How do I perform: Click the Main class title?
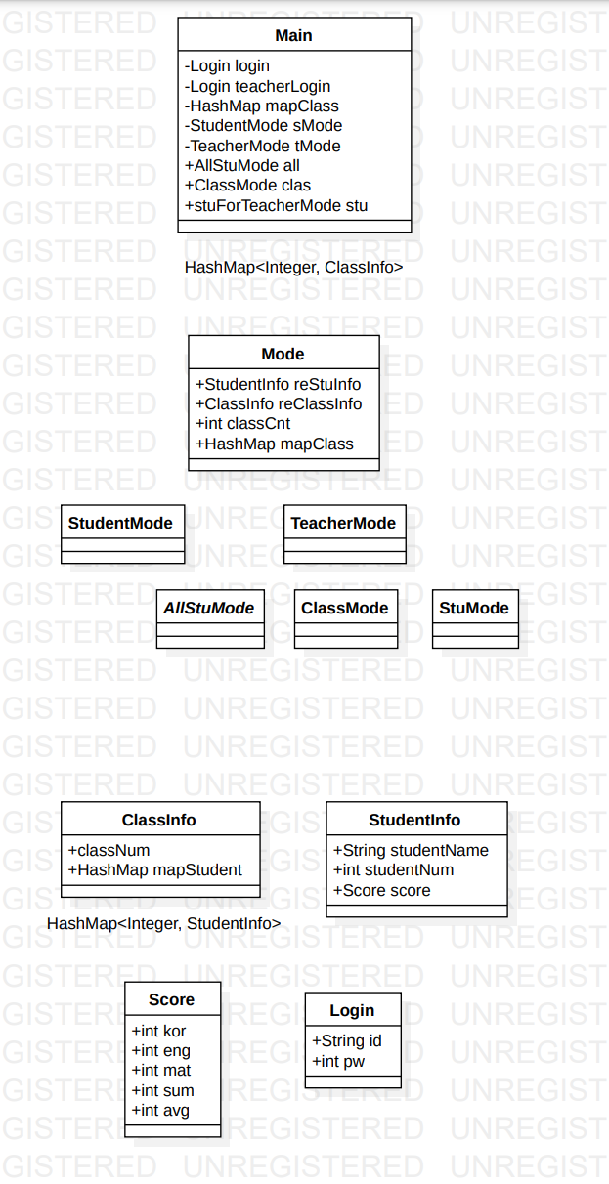click(x=293, y=35)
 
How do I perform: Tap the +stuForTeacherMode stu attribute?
click(x=276, y=206)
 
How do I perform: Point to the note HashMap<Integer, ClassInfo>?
click(x=293, y=267)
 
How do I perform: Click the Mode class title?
click(x=283, y=354)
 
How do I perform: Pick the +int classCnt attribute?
click(x=242, y=424)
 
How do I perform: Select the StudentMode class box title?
click(x=120, y=523)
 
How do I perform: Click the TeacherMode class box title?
click(x=343, y=523)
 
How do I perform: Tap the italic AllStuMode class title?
click(x=208, y=608)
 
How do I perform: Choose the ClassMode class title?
click(x=344, y=608)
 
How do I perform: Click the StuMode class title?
click(x=474, y=608)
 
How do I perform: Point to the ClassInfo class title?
click(x=158, y=820)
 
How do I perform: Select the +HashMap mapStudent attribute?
click(x=154, y=869)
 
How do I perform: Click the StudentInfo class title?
click(x=414, y=820)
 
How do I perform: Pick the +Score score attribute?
click(x=381, y=890)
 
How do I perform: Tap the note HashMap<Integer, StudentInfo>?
click(x=163, y=924)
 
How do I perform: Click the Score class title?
click(x=171, y=999)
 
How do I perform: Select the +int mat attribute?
click(x=161, y=1071)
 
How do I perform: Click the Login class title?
click(x=352, y=1010)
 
